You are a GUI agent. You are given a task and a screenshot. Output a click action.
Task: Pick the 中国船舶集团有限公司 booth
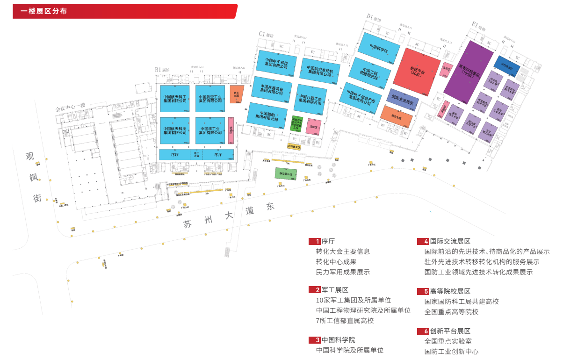pos(267,116)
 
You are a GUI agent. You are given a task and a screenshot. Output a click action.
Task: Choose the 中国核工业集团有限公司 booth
pos(210,130)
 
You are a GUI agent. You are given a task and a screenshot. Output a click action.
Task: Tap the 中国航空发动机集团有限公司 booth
pos(320,71)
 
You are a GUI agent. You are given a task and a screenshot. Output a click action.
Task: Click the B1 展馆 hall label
pos(162,70)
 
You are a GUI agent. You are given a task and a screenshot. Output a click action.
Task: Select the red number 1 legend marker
pos(314,242)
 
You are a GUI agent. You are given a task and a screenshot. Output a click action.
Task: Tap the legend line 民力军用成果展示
pos(343,272)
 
